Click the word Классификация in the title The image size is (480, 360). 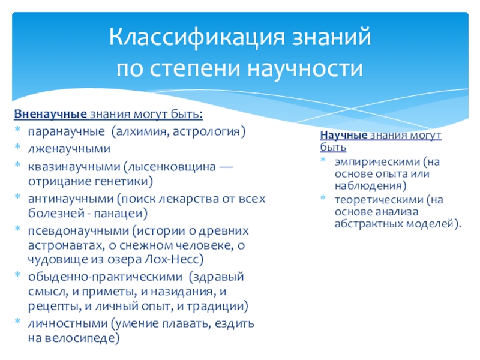[197, 37]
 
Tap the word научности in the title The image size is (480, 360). [305, 68]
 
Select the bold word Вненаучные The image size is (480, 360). [50, 114]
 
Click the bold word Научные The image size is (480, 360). [343, 134]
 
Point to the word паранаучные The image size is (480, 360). [67, 131]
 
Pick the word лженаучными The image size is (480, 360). [69, 148]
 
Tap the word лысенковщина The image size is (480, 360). [172, 167]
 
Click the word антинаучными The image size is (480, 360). [71, 199]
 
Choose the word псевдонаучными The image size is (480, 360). [79, 230]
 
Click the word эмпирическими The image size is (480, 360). [377, 161]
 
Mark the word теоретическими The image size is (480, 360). [379, 200]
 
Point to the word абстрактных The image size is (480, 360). [368, 224]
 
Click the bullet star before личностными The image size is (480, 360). [17, 321]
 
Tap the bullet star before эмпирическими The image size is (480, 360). [323, 159]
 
